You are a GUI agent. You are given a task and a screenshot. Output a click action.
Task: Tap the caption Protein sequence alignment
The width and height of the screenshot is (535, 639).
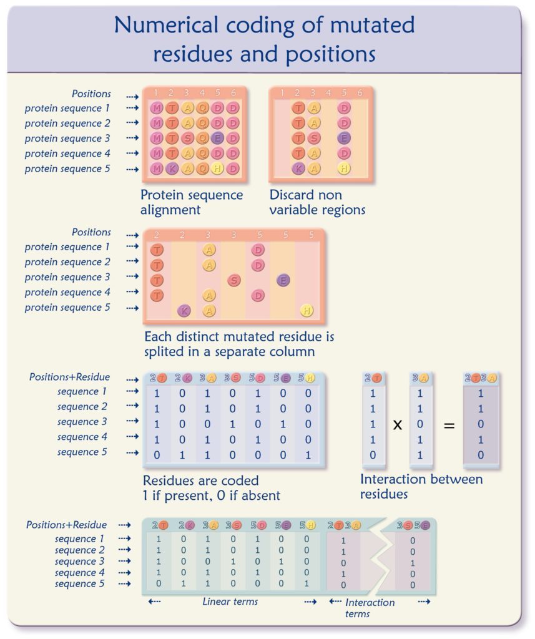[x=191, y=202]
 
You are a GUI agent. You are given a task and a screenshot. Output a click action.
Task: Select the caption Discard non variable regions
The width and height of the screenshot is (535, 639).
[x=317, y=202]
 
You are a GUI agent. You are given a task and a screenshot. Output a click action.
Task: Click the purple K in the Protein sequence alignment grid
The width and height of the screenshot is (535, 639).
[x=171, y=168]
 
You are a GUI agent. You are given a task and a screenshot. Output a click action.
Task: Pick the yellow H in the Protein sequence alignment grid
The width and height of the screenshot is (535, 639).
[x=217, y=168]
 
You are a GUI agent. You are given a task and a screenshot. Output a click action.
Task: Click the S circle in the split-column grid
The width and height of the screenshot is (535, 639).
[x=234, y=280]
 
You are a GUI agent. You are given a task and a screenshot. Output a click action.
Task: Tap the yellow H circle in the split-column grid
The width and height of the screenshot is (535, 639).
[x=306, y=310]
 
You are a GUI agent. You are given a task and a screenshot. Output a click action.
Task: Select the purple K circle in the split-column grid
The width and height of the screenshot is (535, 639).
[x=184, y=310]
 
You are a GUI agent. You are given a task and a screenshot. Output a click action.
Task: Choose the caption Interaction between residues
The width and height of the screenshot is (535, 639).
[x=421, y=486]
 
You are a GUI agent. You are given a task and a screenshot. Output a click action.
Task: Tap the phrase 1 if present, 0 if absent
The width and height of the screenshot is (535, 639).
[x=212, y=496]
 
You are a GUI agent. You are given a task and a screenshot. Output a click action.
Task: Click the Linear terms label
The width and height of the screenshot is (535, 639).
[x=230, y=602]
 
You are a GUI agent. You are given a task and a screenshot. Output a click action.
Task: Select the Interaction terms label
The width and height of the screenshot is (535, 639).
[x=370, y=607]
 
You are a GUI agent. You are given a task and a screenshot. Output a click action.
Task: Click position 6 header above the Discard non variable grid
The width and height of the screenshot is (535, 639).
[x=359, y=94]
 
